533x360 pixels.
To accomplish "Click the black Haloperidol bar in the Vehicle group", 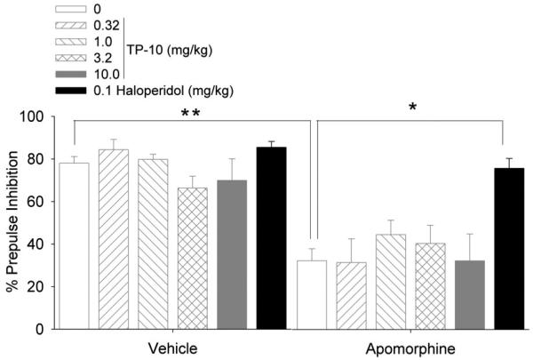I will pyautogui.click(x=271, y=238).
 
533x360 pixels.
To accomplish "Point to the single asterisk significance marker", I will pyautogui.click(x=411, y=108).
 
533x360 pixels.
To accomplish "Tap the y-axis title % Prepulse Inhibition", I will pyautogui.click(x=12, y=222).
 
